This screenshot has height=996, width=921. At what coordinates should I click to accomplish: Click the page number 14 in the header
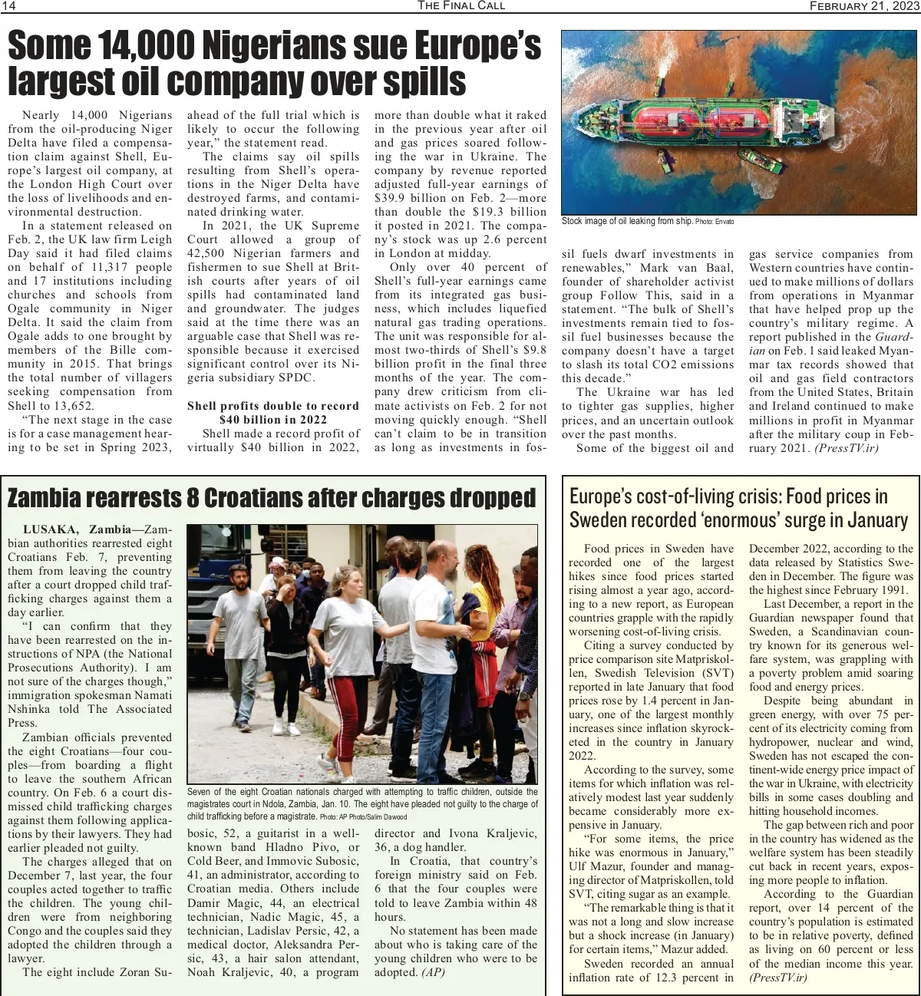(9, 6)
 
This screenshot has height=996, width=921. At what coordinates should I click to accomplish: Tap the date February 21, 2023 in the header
(864, 6)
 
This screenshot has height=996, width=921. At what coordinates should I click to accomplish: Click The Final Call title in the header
(461, 6)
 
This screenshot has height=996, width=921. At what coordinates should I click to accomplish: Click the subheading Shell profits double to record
(273, 406)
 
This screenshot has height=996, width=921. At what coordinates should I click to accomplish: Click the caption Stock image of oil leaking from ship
(627, 221)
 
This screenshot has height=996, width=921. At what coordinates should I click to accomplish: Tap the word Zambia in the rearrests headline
(45, 499)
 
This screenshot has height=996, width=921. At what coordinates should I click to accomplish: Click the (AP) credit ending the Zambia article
(433, 972)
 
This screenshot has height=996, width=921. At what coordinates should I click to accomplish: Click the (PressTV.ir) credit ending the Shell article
(847, 448)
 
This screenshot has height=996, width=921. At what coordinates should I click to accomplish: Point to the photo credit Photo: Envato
(715, 222)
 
